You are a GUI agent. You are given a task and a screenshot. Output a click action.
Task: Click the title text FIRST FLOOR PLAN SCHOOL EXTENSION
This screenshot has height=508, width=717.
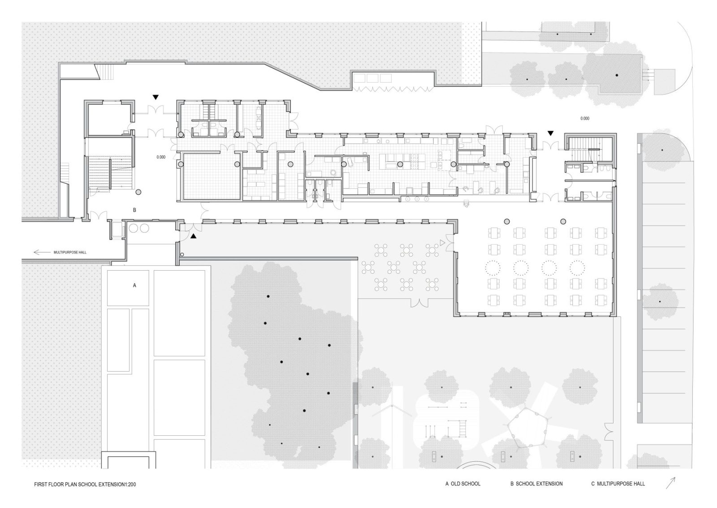click(x=83, y=485)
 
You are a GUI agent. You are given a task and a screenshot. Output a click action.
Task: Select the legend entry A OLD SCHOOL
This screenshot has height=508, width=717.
click(x=462, y=484)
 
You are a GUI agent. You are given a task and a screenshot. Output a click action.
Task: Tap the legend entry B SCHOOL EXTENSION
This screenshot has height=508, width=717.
click(x=536, y=484)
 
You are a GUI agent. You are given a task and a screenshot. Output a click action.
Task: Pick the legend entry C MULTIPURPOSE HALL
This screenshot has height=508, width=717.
click(x=618, y=484)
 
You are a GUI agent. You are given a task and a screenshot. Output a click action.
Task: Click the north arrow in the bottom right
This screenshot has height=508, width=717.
click(x=670, y=483)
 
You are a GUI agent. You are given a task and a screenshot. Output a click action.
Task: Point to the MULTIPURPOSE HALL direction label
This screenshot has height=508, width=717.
click(x=70, y=253)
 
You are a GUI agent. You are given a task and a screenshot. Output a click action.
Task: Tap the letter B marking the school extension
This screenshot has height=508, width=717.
click(x=134, y=210)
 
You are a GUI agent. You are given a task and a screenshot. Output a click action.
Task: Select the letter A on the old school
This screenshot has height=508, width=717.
click(x=134, y=285)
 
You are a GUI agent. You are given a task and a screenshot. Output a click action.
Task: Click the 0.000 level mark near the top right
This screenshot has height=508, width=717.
click(x=585, y=119)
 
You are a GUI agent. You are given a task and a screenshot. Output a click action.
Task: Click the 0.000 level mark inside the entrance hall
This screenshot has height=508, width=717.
click(x=161, y=158)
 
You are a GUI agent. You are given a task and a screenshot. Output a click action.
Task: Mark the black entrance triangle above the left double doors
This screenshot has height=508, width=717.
click(x=155, y=96)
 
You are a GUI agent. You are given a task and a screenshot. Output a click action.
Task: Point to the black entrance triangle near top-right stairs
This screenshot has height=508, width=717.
click(x=551, y=133)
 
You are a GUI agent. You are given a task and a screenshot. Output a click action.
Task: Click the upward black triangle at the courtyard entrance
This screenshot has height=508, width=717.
click(x=194, y=236)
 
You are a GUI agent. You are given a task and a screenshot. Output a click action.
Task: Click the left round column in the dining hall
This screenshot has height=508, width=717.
click(x=507, y=221)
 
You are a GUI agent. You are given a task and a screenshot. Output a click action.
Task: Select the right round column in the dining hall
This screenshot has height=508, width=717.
click(x=563, y=221)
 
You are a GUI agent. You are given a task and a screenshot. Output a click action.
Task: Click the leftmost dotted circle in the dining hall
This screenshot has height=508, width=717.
click(x=492, y=268)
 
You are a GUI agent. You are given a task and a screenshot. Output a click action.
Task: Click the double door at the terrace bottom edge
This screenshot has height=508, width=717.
click(x=420, y=303)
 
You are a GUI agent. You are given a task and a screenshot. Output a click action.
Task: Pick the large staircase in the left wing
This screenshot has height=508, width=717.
click(x=110, y=172)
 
